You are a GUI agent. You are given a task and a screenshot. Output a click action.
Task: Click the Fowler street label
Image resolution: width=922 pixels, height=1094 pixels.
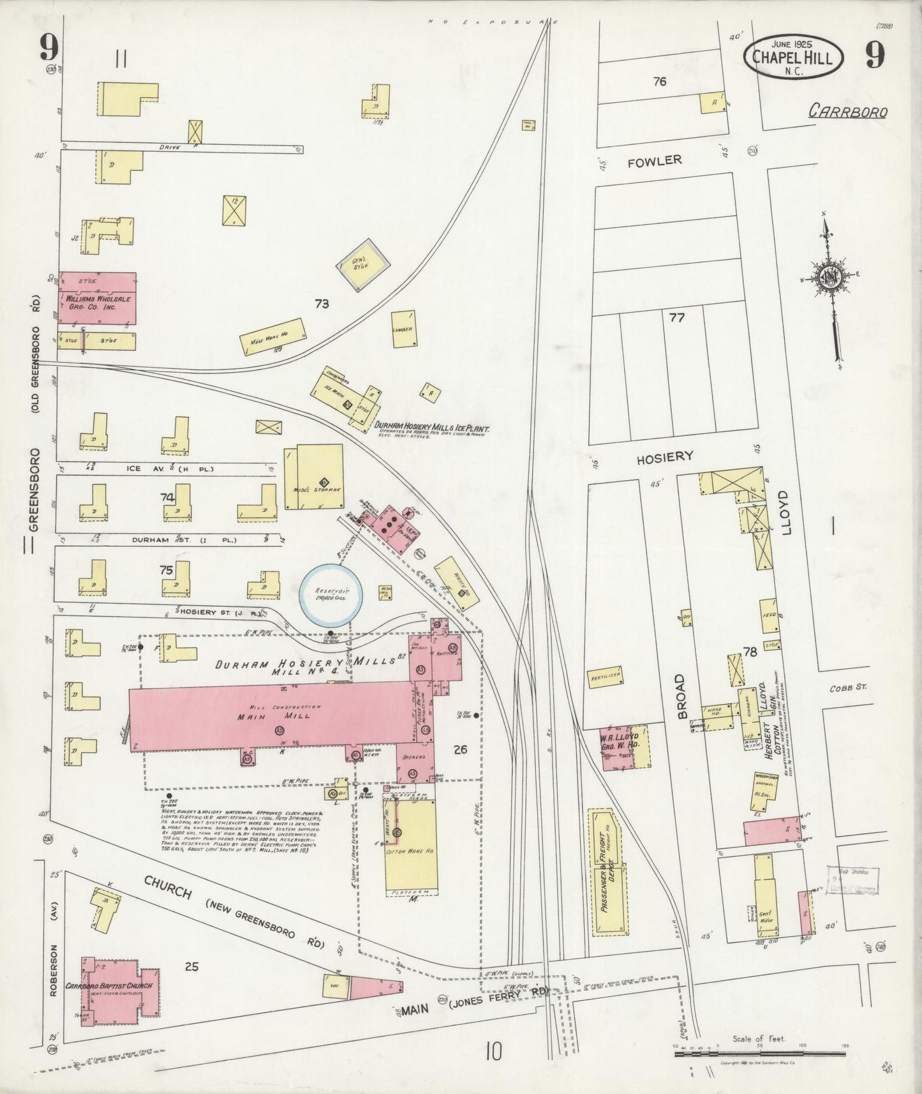pyautogui.click(x=655, y=160)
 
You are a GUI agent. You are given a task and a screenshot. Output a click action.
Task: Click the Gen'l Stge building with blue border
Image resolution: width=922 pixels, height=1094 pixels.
pyautogui.click(x=363, y=263)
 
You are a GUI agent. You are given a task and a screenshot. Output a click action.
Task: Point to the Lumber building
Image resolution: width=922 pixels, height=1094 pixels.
pyautogui.click(x=404, y=329)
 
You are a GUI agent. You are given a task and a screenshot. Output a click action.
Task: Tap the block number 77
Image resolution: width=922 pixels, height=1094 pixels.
pyautogui.click(x=676, y=317)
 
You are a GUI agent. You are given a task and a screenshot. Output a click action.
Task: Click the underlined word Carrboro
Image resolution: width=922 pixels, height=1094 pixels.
pyautogui.click(x=847, y=112)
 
